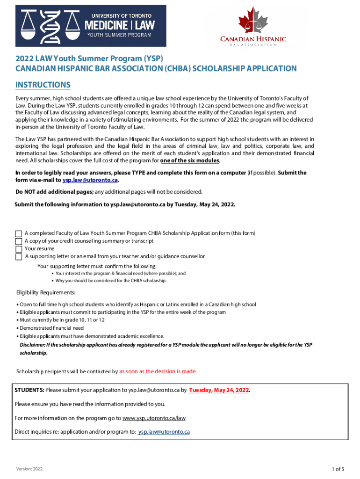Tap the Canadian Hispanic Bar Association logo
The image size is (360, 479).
click(x=252, y=27)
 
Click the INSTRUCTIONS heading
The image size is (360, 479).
click(x=43, y=85)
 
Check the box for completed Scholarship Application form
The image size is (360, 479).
click(x=19, y=233)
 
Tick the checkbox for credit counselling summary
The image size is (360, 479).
click(x=19, y=241)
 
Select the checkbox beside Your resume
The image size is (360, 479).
click(x=19, y=249)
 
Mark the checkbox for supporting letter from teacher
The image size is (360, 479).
click(x=19, y=257)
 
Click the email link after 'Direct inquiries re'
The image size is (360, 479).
click(x=164, y=432)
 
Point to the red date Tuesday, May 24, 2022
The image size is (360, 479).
click(x=219, y=390)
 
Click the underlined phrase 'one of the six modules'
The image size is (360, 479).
click(x=189, y=161)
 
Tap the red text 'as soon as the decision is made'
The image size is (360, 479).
click(x=158, y=371)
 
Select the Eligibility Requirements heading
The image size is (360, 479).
click(x=46, y=293)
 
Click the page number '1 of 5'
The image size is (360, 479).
click(x=338, y=469)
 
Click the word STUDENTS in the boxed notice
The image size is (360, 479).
click(x=29, y=390)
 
